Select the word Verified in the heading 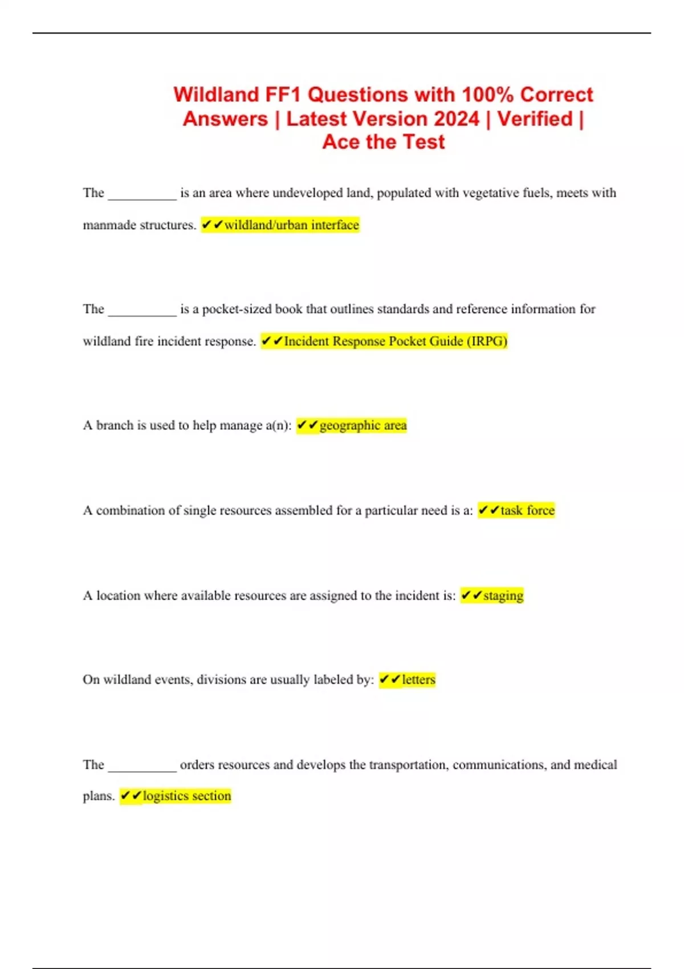tap(535, 119)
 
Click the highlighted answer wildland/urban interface tap(291, 225)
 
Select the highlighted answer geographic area tap(363, 426)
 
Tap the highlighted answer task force tap(527, 510)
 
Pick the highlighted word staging tap(503, 596)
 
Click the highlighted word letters tap(418, 679)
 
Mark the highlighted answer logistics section tap(187, 796)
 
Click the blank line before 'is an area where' tap(142, 197)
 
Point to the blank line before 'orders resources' tap(142, 769)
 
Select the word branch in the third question tap(114, 426)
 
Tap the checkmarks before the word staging tap(471, 596)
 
